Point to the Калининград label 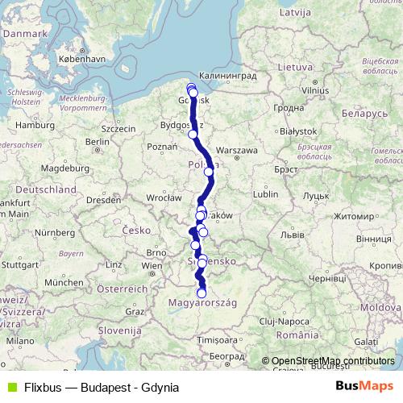click(x=226, y=76)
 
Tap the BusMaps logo click(x=369, y=386)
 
